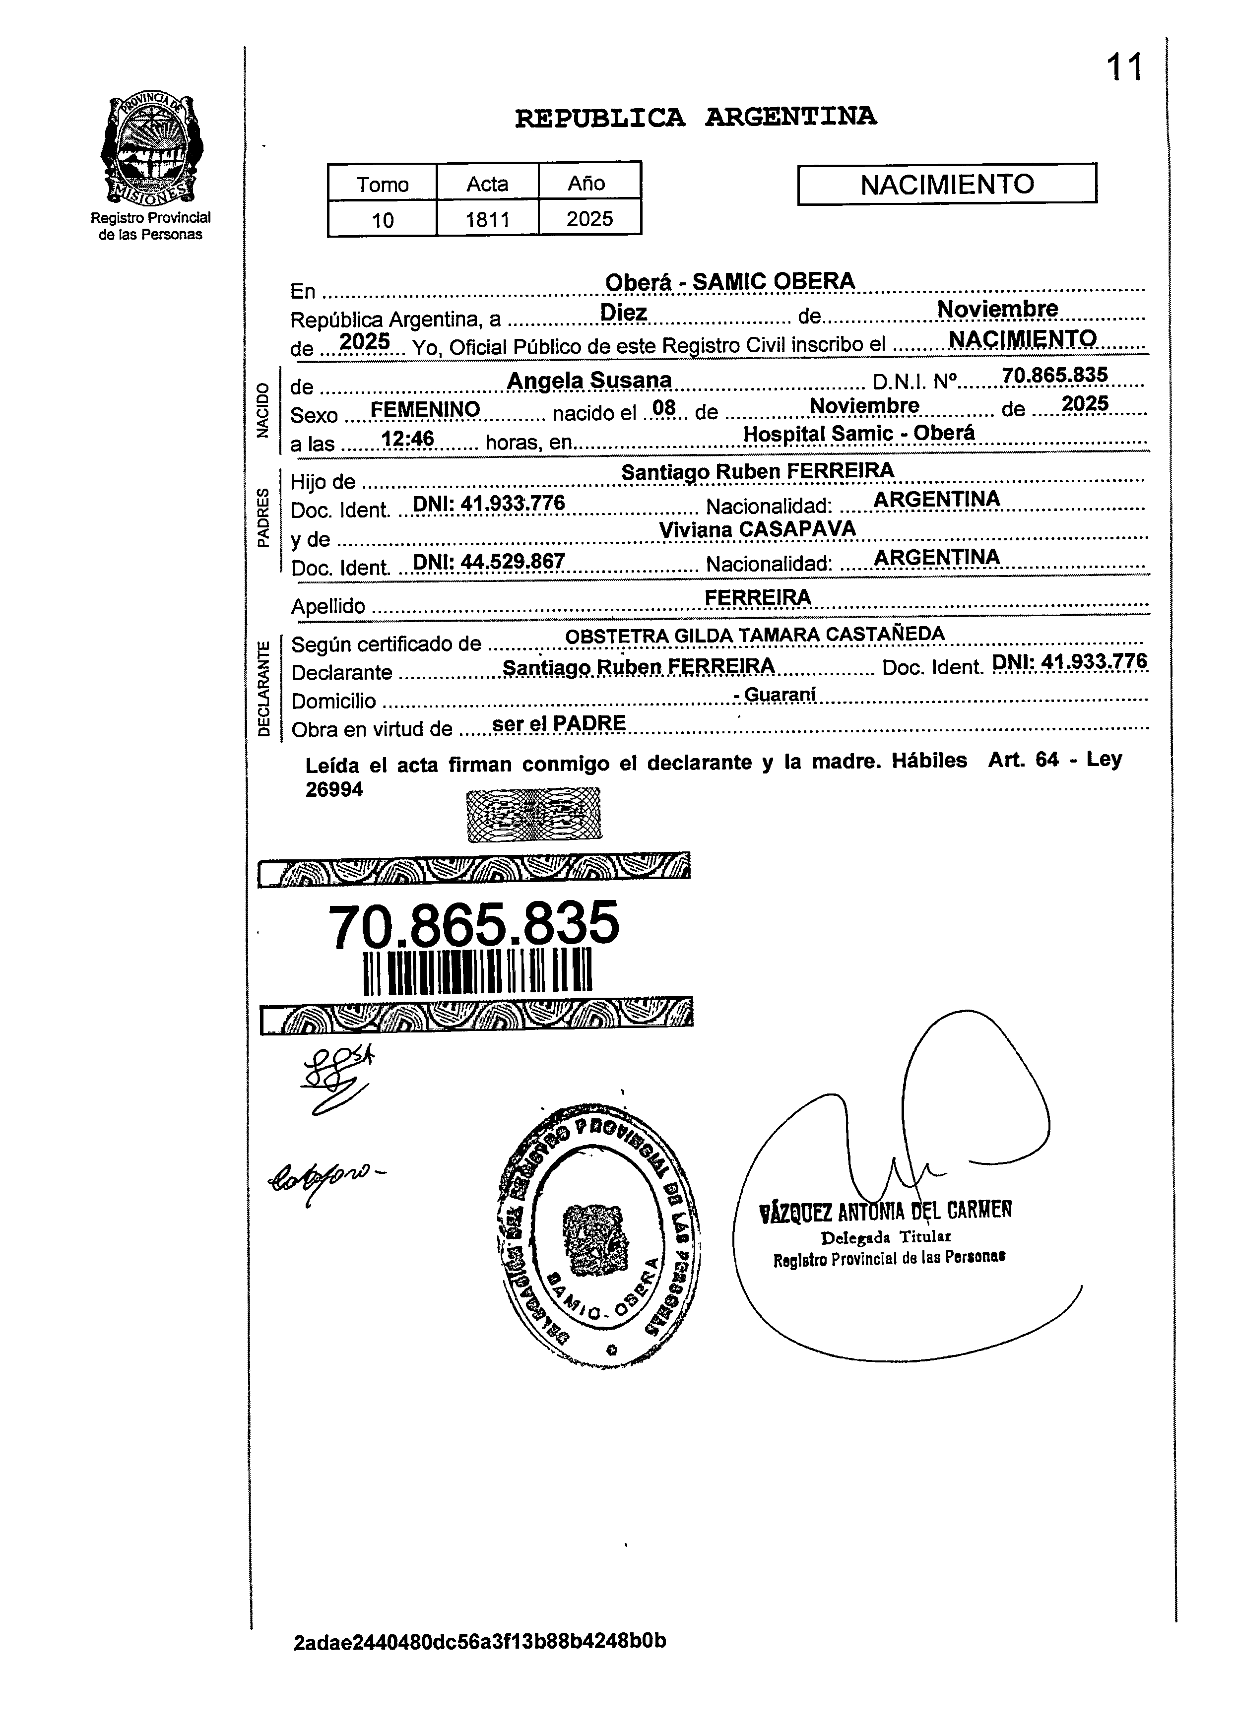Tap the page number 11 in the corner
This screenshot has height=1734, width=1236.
[x=1124, y=67]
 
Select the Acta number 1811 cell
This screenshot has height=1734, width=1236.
[x=487, y=219]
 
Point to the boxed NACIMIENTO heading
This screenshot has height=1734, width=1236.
[x=947, y=184]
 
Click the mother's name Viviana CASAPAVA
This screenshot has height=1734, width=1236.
[x=757, y=529]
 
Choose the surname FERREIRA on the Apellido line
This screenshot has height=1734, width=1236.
[x=757, y=597]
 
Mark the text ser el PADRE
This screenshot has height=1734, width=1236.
[x=559, y=723]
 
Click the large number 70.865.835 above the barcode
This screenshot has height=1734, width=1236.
[x=473, y=924]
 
